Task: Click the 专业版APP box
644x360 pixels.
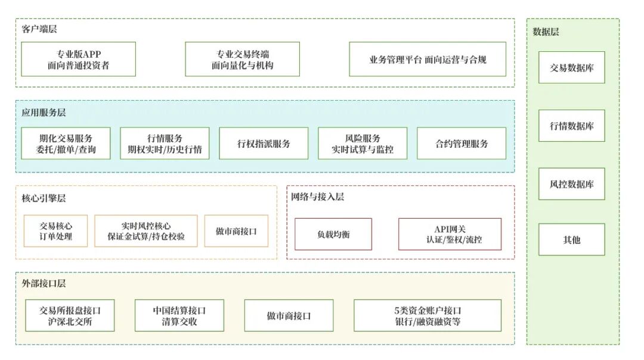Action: [79, 59]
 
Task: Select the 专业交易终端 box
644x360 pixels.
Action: [242, 59]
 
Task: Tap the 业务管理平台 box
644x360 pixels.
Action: [428, 59]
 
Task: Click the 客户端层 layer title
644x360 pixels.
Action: [39, 29]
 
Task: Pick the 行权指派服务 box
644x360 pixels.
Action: [264, 143]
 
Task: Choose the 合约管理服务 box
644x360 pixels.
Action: [462, 143]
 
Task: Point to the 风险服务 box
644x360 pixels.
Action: [363, 143]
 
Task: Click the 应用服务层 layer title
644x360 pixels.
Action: [44, 113]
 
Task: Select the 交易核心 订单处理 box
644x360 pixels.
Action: [56, 231]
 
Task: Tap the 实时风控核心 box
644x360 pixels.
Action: [146, 231]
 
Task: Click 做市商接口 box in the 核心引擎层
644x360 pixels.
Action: [236, 231]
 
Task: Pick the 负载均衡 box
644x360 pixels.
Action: [333, 234]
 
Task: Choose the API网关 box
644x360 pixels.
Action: [450, 234]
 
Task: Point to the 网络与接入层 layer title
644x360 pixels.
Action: [317, 197]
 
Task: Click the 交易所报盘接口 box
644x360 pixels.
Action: [70, 315]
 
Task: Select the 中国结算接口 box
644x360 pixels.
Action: [179, 315]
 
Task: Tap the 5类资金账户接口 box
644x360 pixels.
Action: [428, 315]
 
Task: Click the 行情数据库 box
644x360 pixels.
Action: [572, 126]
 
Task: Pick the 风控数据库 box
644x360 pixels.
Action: [572, 184]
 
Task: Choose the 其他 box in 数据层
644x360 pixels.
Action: [572, 240]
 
